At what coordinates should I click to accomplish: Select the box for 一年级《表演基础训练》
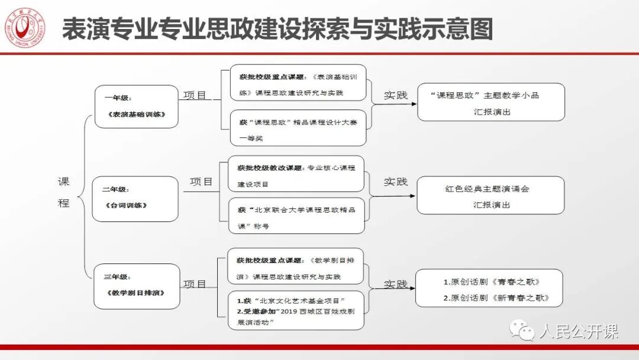click(136, 107)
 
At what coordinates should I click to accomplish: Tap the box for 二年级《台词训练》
click(135, 198)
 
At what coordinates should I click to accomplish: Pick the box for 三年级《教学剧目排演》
click(137, 286)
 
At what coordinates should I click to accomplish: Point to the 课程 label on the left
click(63, 192)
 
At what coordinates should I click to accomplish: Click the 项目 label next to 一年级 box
click(195, 95)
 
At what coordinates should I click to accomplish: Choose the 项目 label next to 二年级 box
click(201, 182)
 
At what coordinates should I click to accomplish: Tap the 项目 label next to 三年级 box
click(195, 284)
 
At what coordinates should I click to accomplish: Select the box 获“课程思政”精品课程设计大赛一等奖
click(298, 129)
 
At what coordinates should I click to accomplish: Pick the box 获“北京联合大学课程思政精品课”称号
click(296, 217)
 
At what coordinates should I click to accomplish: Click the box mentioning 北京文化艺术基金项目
click(296, 310)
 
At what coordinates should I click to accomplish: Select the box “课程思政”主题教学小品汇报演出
click(491, 102)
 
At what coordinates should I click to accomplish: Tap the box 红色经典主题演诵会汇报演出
click(491, 196)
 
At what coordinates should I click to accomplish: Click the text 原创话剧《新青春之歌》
click(496, 298)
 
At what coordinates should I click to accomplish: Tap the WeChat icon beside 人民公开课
click(524, 329)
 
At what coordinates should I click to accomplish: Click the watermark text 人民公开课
click(578, 330)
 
